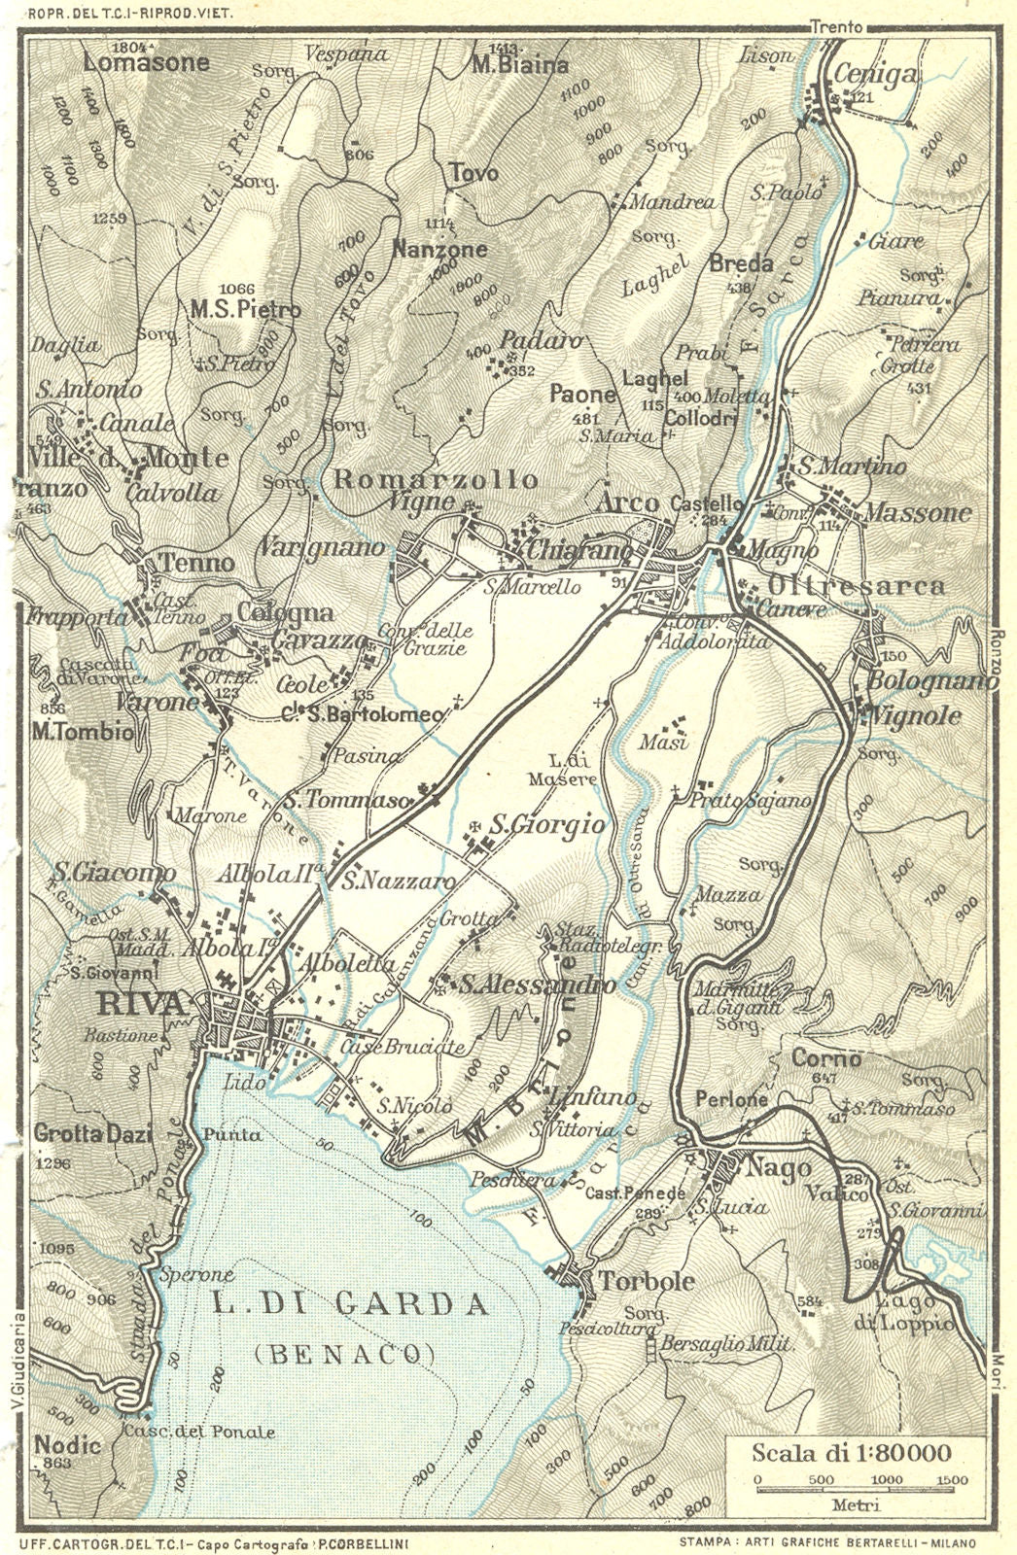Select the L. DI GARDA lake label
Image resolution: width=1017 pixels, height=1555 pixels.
[x=350, y=1304]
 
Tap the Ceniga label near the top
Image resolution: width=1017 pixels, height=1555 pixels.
[x=875, y=75]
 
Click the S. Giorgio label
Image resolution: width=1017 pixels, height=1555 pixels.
[x=546, y=825]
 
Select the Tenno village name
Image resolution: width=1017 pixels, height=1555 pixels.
[x=197, y=563]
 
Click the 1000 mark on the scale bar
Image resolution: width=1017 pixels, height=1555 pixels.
[x=886, y=1480]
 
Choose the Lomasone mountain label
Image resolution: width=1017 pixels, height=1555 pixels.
[x=146, y=63]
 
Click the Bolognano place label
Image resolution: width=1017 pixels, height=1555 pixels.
[x=930, y=680]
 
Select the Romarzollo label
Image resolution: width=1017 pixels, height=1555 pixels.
[x=435, y=479]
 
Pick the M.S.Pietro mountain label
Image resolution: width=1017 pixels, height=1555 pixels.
[x=245, y=310]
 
